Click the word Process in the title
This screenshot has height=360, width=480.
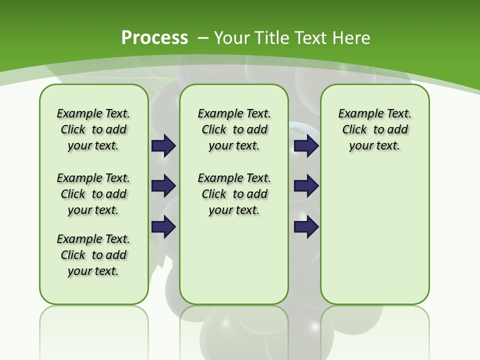[154, 37]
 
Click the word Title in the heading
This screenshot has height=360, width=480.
[273, 38]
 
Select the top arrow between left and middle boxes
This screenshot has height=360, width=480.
[163, 146]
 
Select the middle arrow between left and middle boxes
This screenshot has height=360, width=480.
[163, 186]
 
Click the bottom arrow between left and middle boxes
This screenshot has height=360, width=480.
[163, 226]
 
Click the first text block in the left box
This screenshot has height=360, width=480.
[93, 129]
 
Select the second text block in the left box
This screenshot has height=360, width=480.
[93, 194]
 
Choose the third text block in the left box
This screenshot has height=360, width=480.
[93, 255]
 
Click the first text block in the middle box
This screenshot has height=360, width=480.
[234, 129]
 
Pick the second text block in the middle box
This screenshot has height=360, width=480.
[234, 194]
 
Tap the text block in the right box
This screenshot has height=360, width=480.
[374, 129]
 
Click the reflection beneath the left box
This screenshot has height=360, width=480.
[94, 325]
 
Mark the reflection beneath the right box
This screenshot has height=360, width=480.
[374, 325]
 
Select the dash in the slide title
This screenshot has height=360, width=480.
[203, 38]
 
